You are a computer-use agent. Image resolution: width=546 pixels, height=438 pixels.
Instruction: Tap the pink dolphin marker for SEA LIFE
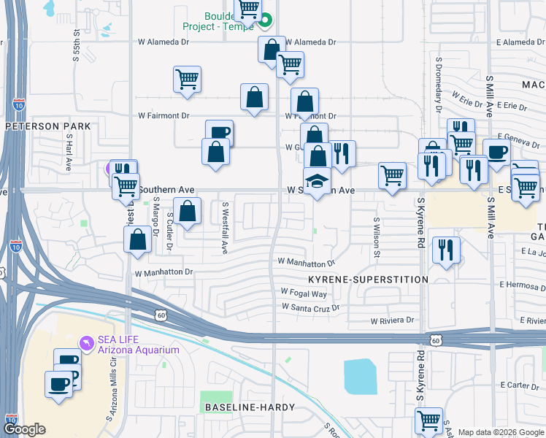click(x=87, y=342)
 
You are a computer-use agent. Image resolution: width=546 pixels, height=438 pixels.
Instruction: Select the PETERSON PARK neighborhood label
click(x=48, y=126)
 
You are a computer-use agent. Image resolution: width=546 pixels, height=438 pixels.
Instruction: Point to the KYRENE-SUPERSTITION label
click(x=367, y=280)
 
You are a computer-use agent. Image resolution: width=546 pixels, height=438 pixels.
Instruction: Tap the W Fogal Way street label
click(x=304, y=293)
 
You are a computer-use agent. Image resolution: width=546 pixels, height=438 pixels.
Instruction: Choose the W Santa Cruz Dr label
click(x=311, y=308)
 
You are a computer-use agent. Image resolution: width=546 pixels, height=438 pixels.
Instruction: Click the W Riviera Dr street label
click(x=392, y=320)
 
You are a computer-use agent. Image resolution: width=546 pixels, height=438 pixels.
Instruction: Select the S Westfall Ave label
click(x=226, y=228)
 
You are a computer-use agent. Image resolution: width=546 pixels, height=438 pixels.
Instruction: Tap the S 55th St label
click(x=76, y=45)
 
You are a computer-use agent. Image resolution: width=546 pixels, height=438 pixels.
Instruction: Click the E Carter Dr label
click(x=519, y=385)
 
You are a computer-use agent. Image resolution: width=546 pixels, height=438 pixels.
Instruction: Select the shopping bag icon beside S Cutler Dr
click(x=188, y=210)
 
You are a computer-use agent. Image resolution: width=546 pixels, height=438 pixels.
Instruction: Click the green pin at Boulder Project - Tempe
click(x=266, y=20)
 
